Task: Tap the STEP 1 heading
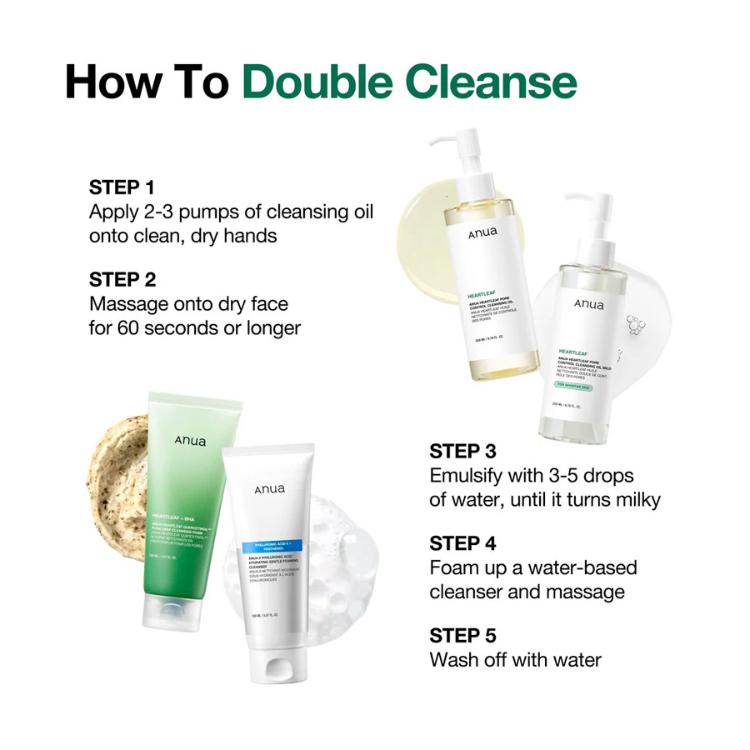point(122,187)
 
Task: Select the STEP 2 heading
point(122,280)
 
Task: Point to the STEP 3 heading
point(462,452)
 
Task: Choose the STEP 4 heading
point(462,543)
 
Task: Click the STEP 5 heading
point(462,636)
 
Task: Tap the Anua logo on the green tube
point(190,441)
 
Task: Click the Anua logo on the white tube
point(268,489)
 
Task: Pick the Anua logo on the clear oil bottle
point(587,304)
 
